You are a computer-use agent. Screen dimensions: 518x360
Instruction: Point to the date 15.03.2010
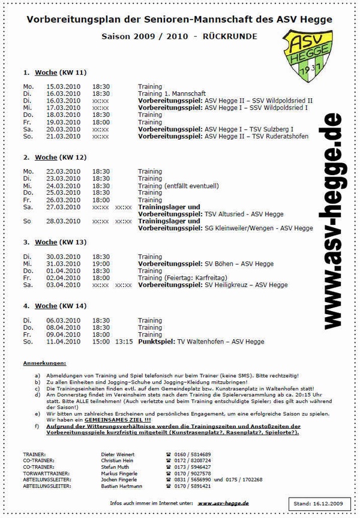click(x=63, y=87)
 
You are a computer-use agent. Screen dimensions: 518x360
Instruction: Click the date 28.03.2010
click(x=63, y=221)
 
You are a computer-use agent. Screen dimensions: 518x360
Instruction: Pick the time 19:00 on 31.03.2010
click(x=101, y=264)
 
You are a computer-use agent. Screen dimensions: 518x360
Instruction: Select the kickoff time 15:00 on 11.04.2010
click(x=101, y=342)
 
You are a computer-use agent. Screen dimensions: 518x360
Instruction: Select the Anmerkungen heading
click(x=44, y=363)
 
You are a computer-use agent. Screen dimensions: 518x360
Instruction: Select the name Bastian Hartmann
click(x=118, y=487)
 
